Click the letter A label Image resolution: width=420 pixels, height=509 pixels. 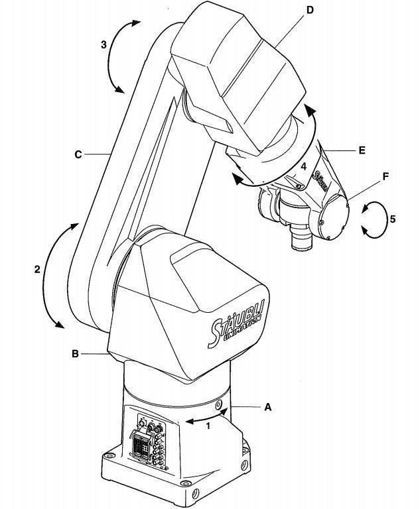[x=268, y=408]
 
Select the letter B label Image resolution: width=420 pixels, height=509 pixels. [x=76, y=354]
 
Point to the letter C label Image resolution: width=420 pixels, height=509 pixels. [x=78, y=154]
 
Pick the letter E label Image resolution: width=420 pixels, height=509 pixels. [x=362, y=150]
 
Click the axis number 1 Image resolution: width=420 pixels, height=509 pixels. [x=208, y=426]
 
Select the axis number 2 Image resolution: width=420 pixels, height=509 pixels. [x=38, y=269]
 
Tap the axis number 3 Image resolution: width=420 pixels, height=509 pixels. [x=104, y=45]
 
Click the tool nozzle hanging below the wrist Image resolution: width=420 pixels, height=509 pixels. [x=300, y=238]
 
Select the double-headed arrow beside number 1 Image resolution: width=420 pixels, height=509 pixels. [x=208, y=417]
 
